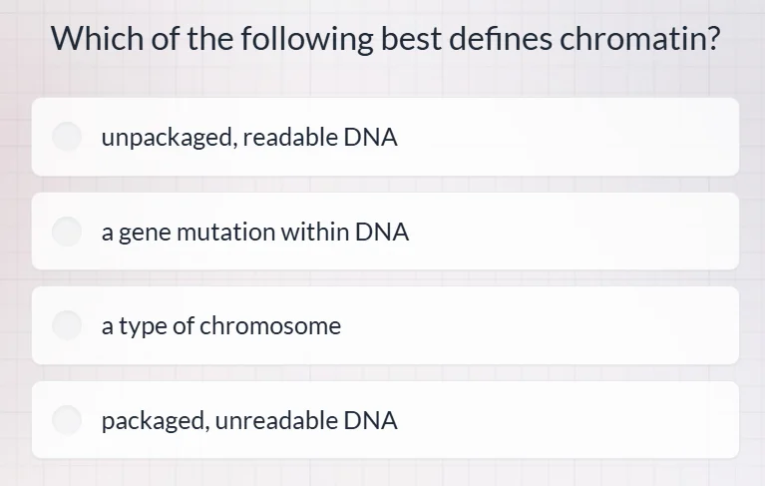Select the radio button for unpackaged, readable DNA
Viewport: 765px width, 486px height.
coord(67,138)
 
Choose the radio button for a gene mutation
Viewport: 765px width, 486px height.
coord(67,233)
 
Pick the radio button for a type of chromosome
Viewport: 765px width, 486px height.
coord(67,325)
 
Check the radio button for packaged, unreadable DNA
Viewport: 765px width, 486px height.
coord(67,420)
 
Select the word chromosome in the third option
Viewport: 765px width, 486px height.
coord(270,325)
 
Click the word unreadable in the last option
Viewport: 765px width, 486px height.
coord(276,420)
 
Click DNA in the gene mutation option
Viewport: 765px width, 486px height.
coord(382,233)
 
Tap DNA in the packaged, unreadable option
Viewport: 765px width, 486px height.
coord(371,420)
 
